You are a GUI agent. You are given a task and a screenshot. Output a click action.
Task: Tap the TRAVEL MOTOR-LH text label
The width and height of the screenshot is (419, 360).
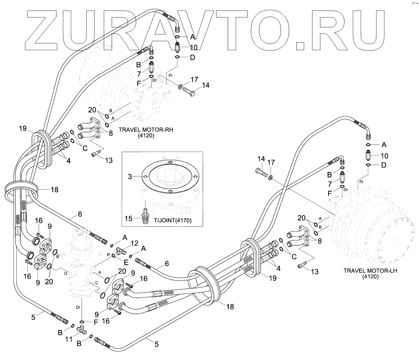click(370, 271)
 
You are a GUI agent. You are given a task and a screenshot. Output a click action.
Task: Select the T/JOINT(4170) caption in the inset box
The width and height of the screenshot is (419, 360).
click(173, 220)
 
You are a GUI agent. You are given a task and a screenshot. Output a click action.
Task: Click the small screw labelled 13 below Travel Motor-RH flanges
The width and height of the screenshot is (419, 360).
click(95, 154)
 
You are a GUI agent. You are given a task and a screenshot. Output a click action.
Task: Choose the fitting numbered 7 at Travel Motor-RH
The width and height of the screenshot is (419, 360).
click(151, 66)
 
